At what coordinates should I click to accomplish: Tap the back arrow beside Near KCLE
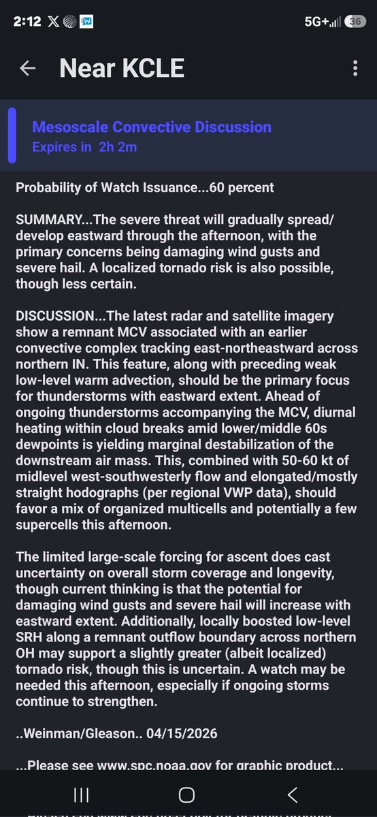pos(28,68)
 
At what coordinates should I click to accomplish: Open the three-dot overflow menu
pos(355,68)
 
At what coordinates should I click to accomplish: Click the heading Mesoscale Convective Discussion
pos(152,127)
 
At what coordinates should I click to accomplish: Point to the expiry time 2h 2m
pos(118,146)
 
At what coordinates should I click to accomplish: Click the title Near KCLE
pos(122,68)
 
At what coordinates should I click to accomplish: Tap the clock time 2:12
pos(27,21)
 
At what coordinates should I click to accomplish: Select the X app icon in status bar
pos(53,21)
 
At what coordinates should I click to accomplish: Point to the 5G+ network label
pos(316,21)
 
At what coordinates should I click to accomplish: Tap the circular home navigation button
pos(186,795)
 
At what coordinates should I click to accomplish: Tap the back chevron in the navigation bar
pos(293,795)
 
